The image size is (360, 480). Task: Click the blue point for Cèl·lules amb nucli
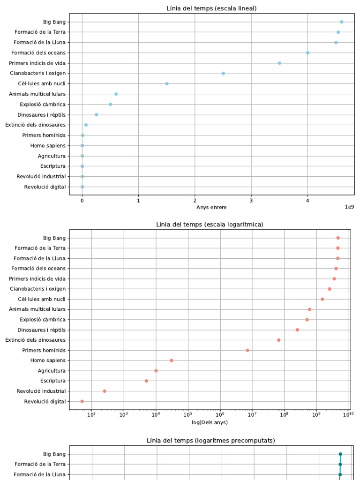(x=167, y=83)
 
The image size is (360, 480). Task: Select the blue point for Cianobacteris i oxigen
(x=223, y=73)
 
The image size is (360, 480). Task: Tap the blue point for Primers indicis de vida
(x=279, y=63)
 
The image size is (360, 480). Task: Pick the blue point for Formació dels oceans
(x=307, y=52)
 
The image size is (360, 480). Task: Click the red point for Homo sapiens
(x=172, y=360)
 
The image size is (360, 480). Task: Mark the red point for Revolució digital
(x=82, y=401)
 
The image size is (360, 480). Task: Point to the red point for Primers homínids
(x=247, y=350)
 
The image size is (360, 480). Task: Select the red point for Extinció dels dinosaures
(x=279, y=340)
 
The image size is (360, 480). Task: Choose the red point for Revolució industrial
(x=105, y=391)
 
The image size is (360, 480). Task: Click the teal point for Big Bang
(x=340, y=454)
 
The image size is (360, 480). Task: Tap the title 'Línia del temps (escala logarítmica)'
(x=210, y=225)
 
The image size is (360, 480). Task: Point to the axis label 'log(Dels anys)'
(x=210, y=422)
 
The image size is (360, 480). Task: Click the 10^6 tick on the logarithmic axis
(x=220, y=415)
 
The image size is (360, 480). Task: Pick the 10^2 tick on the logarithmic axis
(x=91, y=415)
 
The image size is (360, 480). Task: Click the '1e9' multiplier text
(x=349, y=206)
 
